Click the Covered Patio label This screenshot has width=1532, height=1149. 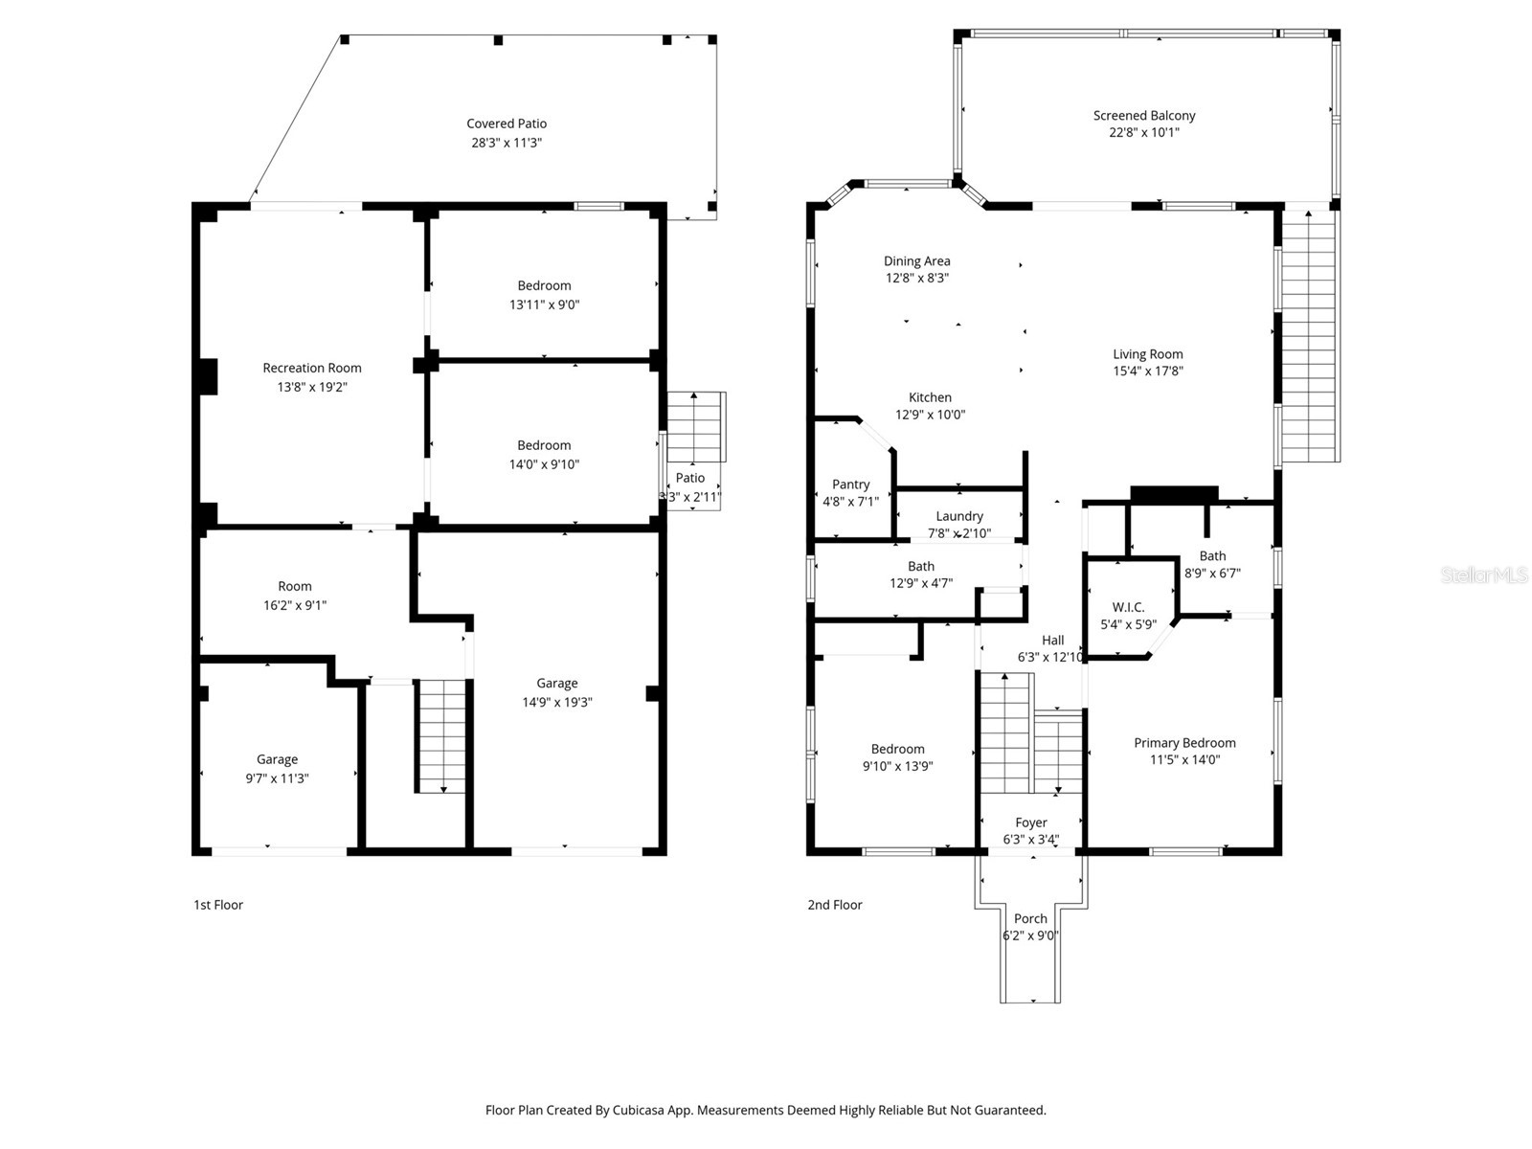(x=507, y=124)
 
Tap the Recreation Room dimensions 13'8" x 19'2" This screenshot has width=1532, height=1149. (x=312, y=387)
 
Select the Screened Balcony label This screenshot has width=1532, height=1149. (x=1144, y=116)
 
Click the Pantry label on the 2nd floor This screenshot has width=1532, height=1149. (x=850, y=484)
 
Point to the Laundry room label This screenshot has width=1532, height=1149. (x=959, y=516)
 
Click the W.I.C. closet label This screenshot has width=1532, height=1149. (x=1128, y=607)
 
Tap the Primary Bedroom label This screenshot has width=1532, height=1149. (x=1184, y=743)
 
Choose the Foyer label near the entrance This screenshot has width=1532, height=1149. (x=1031, y=822)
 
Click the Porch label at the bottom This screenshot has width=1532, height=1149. (x=1030, y=918)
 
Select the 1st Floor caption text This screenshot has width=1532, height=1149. (x=218, y=905)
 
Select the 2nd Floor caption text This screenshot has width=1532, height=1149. (x=834, y=905)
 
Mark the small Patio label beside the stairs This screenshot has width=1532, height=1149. (x=689, y=478)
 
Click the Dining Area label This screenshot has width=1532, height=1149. (x=916, y=260)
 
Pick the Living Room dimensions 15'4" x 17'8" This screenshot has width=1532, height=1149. (x=1147, y=372)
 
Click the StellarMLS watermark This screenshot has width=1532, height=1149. (x=1484, y=575)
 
